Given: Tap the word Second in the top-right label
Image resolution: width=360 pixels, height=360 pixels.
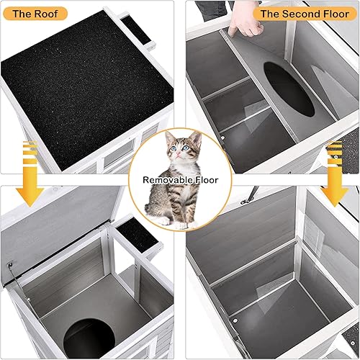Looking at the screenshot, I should tap(302, 13).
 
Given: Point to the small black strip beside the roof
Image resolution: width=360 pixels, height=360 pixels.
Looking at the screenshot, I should tap(136, 30).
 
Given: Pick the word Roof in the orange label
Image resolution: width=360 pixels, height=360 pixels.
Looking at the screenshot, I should tap(50, 13).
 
